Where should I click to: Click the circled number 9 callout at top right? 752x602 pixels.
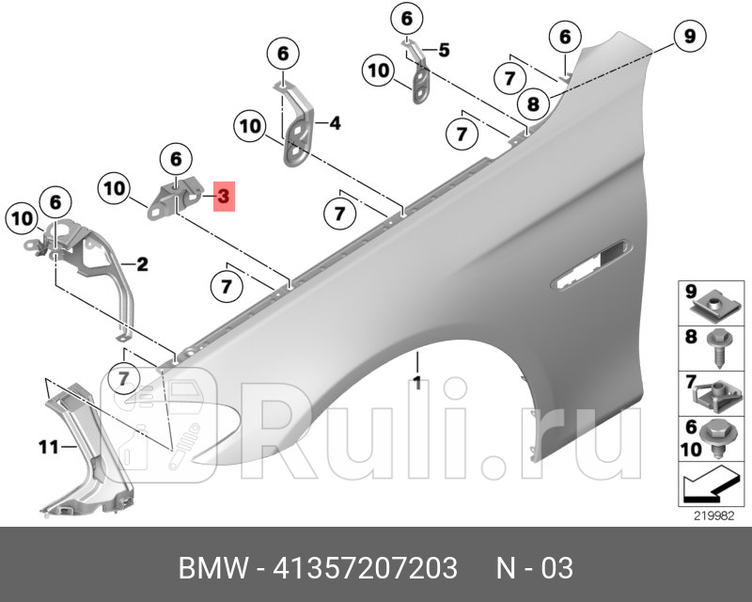pyautogui.click(x=689, y=37)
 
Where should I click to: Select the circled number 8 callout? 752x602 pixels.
pyautogui.click(x=533, y=103)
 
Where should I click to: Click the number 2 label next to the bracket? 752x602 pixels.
pyautogui.click(x=142, y=265)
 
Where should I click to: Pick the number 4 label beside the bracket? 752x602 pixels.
pyautogui.click(x=334, y=123)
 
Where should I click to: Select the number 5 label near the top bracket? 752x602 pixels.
pyautogui.click(x=443, y=49)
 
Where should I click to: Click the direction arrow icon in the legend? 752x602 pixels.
pyautogui.click(x=707, y=485)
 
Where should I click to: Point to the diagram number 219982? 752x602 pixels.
pyautogui.click(x=713, y=515)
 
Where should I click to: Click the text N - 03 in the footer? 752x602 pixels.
pyautogui.click(x=535, y=569)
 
